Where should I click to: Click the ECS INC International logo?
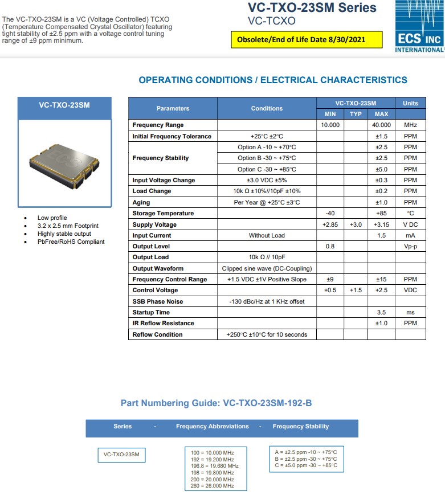click(x=419, y=27)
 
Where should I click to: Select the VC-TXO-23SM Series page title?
click(x=312, y=8)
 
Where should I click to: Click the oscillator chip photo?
click(x=64, y=164)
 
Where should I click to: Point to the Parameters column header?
click(x=173, y=108)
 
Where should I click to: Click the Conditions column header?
click(x=266, y=108)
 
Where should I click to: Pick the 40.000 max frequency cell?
click(x=381, y=125)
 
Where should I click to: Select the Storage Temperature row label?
click(x=163, y=214)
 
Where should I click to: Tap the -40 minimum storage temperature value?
click(x=330, y=214)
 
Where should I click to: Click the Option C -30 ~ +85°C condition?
click(x=267, y=169)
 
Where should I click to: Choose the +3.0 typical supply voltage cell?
click(x=356, y=224)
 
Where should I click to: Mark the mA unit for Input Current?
click(x=410, y=235)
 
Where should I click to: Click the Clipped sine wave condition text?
click(x=267, y=268)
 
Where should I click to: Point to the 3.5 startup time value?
click(x=381, y=312)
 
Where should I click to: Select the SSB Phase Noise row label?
click(x=158, y=301)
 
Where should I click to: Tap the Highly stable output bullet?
click(x=64, y=234)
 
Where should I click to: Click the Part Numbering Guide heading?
click(x=216, y=403)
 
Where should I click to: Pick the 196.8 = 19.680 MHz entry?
click(x=215, y=466)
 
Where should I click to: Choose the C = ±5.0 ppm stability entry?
click(x=305, y=465)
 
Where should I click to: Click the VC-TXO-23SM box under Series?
click(x=121, y=455)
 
